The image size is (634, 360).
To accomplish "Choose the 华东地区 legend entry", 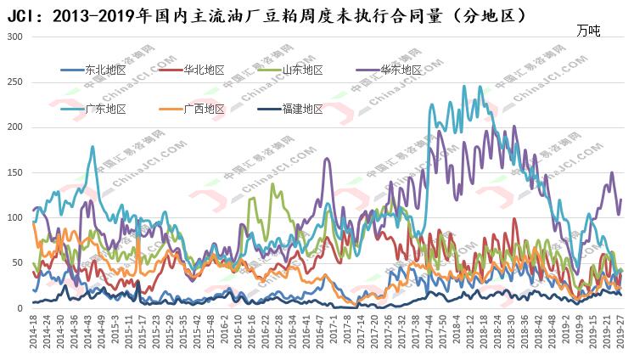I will point(400,70).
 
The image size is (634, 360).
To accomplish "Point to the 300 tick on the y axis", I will point(14,37).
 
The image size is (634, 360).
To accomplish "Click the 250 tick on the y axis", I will point(14,82).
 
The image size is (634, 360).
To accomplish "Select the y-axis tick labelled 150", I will point(14,172).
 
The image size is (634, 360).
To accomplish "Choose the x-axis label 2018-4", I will point(457,335).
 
